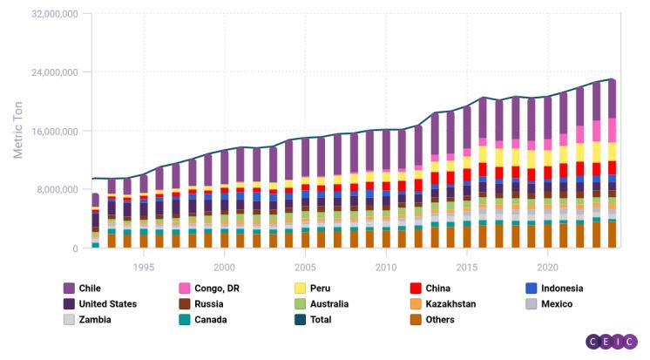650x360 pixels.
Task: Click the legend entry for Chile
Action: click(x=90, y=289)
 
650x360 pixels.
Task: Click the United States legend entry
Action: click(x=107, y=304)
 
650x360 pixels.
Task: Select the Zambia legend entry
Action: click(x=94, y=320)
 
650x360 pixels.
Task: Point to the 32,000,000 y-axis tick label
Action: click(x=53, y=14)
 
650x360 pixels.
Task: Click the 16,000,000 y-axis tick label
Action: click(x=53, y=132)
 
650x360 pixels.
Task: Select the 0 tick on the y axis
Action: click(x=75, y=249)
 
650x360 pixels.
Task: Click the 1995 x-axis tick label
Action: click(x=144, y=267)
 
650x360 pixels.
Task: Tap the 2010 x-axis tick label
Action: click(x=386, y=267)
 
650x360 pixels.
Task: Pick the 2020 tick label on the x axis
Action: click(x=547, y=267)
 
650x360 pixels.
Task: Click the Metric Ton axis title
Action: click(x=17, y=130)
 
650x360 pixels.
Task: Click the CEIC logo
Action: click(x=613, y=343)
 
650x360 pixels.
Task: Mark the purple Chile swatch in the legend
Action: click(x=69, y=289)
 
